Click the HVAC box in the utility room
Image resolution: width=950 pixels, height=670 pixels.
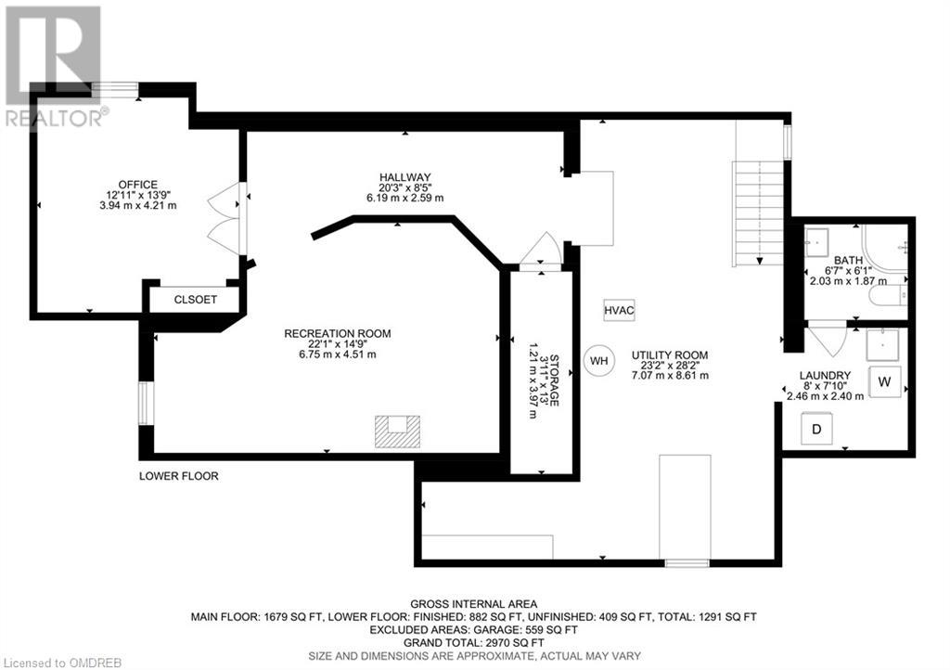point(619,312)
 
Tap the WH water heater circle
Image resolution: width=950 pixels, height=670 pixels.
point(598,360)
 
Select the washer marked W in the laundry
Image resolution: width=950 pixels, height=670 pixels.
point(885,381)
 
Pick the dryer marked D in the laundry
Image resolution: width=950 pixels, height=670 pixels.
point(816,429)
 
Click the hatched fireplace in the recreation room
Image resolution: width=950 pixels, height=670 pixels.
point(398,432)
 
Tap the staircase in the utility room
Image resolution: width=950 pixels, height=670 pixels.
point(760,213)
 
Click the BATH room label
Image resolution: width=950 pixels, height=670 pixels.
point(849,260)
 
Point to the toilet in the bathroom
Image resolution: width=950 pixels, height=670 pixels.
point(889,296)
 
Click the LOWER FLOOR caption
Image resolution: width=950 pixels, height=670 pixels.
point(178,476)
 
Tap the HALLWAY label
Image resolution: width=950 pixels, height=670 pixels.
point(405,176)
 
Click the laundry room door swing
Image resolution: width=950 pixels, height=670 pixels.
point(827,335)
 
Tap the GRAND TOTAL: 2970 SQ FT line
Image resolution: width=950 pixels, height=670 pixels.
point(474,641)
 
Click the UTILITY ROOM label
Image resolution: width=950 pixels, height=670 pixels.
point(670,354)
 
